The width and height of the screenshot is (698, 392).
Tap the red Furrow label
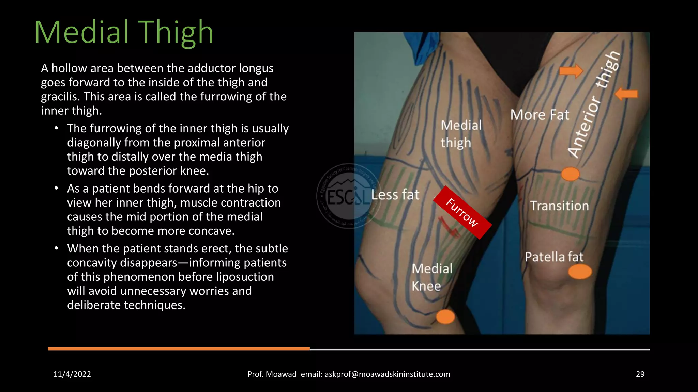coord(462,213)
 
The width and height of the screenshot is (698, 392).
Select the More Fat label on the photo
coord(540,115)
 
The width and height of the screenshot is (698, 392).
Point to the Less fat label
coord(395,195)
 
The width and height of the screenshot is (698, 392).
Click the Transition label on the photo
coord(559,206)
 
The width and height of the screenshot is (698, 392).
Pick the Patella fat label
coord(554,257)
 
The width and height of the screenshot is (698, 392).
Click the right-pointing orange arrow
coord(571,71)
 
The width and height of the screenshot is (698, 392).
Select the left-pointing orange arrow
coord(626,94)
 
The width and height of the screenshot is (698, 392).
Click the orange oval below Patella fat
coord(580,272)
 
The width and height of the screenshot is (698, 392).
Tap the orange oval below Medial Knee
coord(445,317)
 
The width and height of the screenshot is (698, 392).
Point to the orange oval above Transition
coord(570,174)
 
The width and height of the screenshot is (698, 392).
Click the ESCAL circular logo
coord(348,196)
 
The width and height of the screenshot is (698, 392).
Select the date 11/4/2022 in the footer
coord(72,374)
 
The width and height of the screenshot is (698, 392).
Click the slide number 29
coord(640,374)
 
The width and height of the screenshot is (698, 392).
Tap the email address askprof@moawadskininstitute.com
coord(387,374)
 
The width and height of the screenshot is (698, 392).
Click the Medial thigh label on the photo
coord(461,134)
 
